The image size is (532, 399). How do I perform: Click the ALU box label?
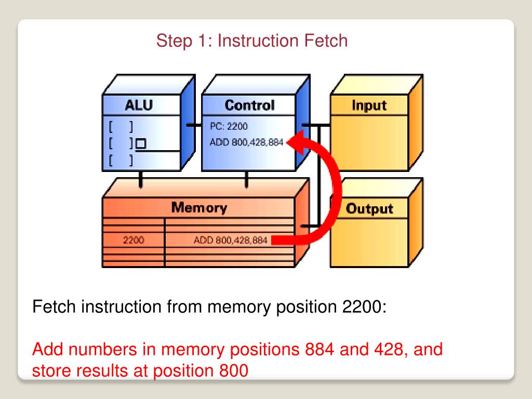139,105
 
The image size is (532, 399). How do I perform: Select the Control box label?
250,105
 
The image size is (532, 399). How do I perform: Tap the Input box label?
369,105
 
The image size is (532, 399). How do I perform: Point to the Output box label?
369,209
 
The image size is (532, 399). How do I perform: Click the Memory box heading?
199,207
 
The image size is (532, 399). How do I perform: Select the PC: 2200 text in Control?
229,126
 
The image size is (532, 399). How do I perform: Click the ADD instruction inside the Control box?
246,142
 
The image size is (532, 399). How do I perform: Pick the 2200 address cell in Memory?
134,240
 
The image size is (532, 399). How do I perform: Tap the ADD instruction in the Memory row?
230,240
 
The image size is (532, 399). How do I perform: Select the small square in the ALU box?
141,143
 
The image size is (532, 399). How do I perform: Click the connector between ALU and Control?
194,125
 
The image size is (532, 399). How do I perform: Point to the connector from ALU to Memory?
140,179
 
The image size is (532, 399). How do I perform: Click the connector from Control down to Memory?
247,179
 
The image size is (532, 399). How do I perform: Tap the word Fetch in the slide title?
326,41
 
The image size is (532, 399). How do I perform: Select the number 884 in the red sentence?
320,350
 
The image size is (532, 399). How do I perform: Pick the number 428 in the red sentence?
391,350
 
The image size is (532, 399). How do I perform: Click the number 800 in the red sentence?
234,370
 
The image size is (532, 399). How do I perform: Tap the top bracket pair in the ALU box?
121,127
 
